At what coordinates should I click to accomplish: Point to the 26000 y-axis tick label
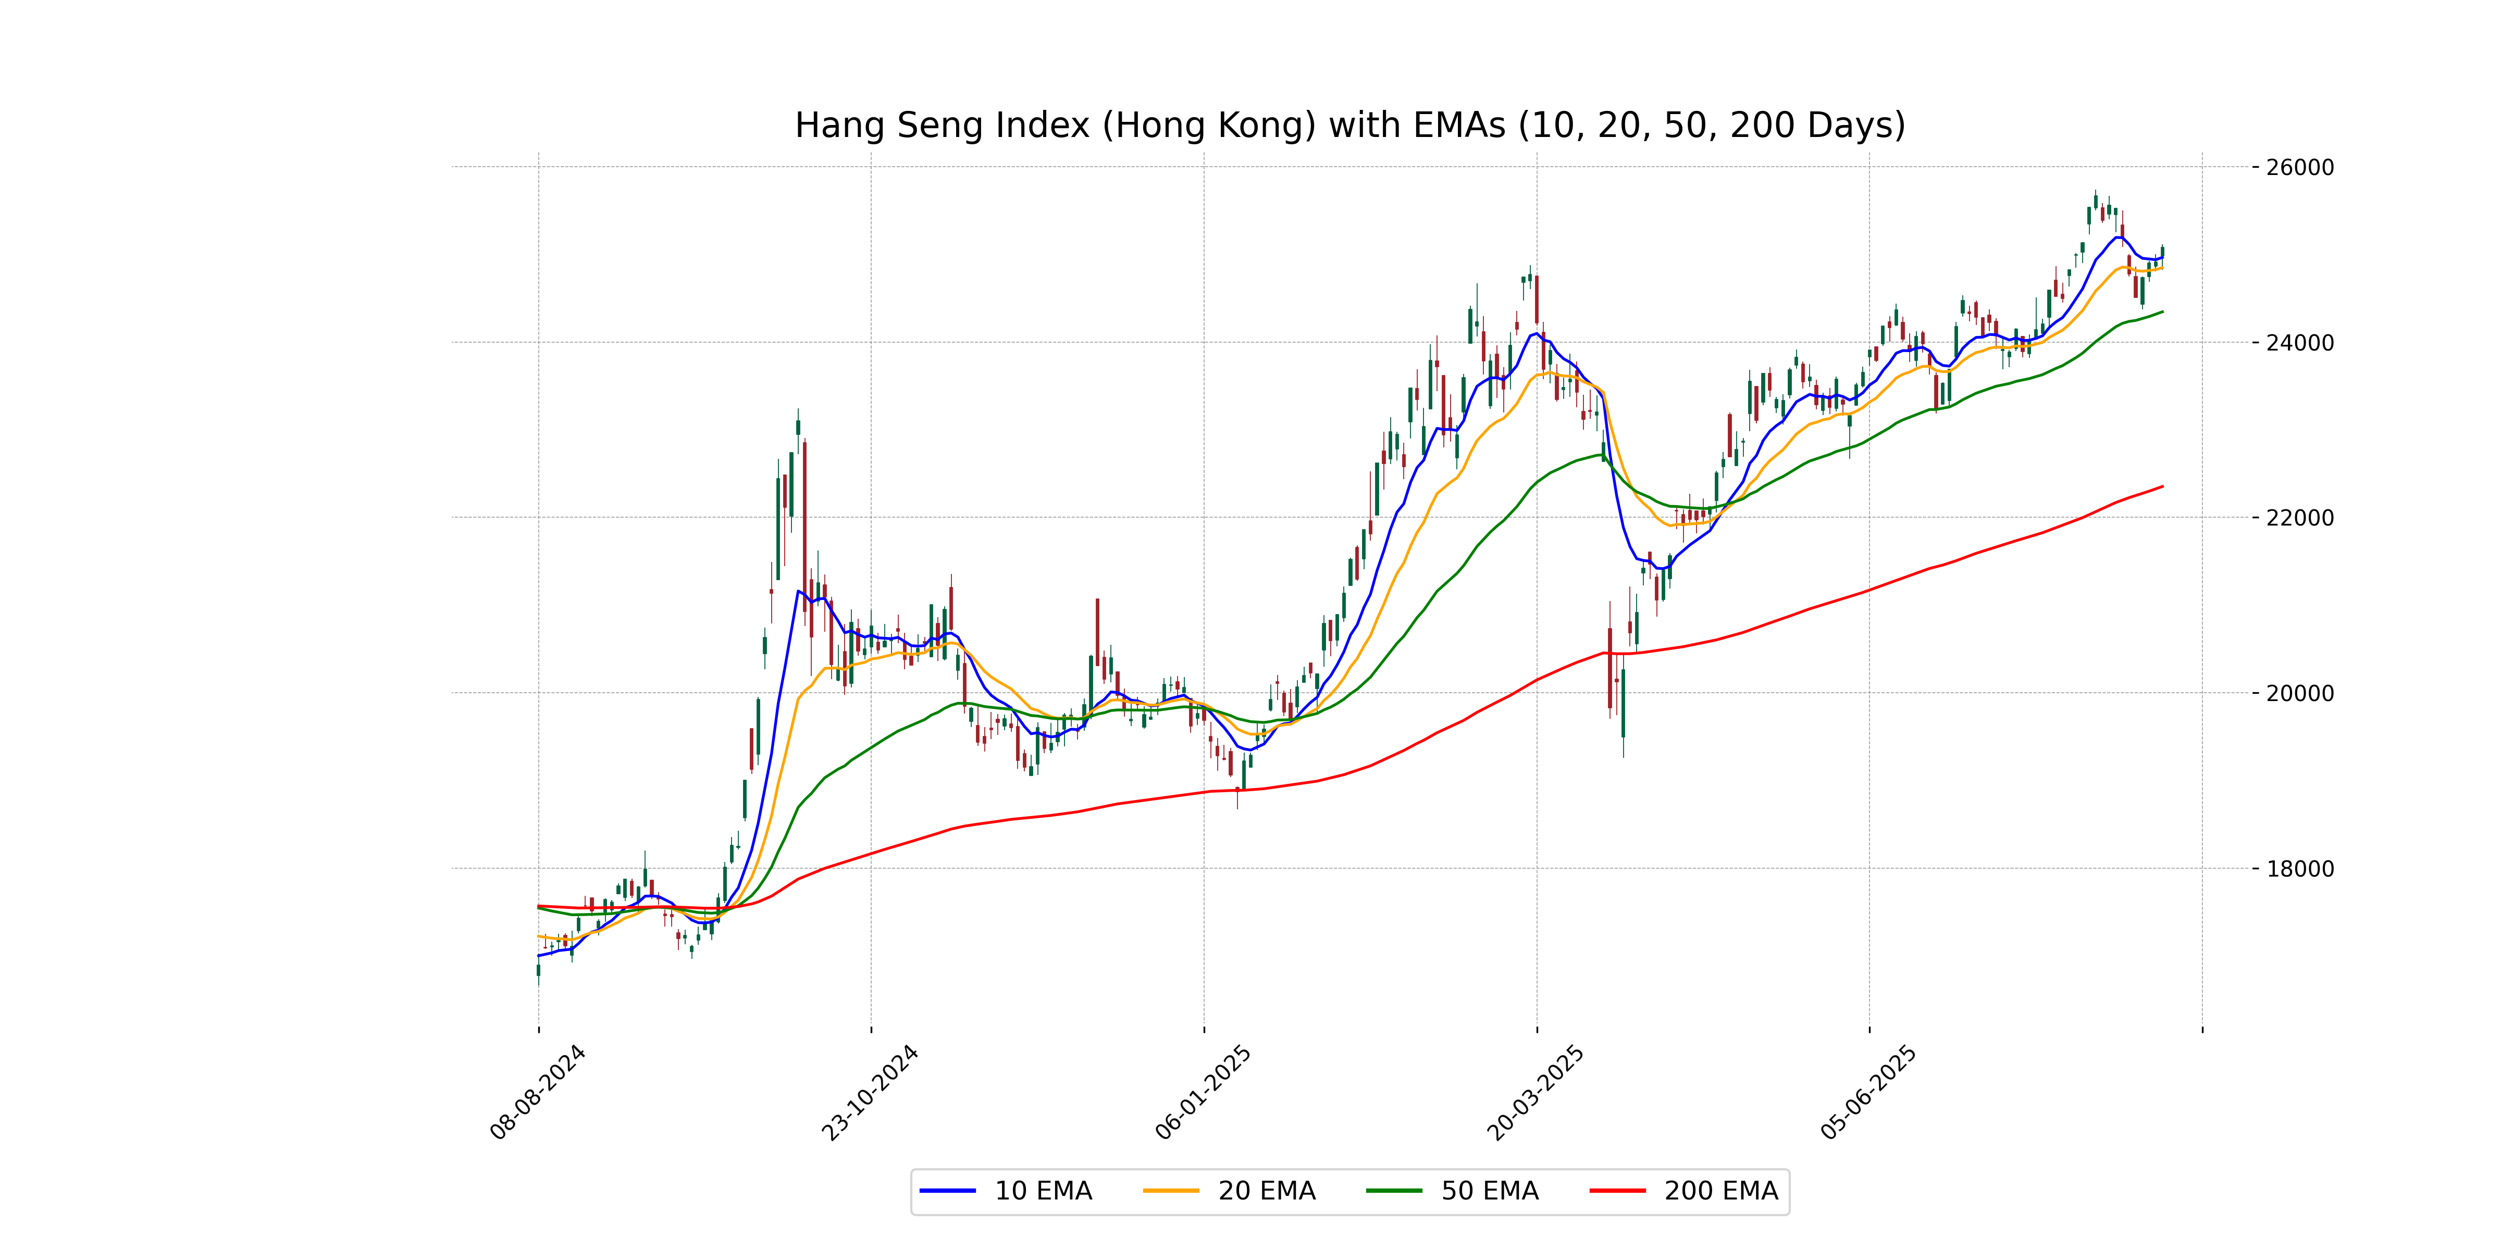[2299, 167]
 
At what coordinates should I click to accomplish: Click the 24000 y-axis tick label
[2299, 343]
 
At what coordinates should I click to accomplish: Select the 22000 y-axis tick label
[2299, 517]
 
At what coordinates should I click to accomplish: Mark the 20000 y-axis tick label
[2299, 693]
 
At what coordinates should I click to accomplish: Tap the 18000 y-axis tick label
[2299, 869]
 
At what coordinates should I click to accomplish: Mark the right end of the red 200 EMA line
[2162, 486]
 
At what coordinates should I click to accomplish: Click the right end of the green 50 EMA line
[2162, 311]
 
